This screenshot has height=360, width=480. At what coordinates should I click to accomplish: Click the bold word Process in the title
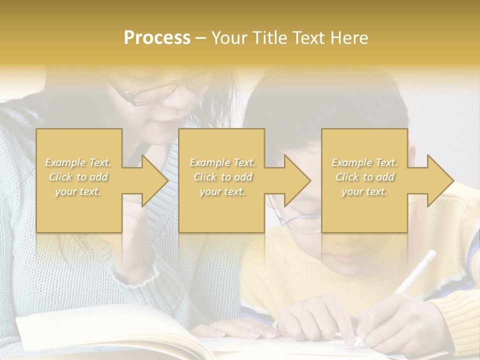pos(157,38)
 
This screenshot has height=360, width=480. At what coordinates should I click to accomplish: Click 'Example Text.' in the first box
pos(78,162)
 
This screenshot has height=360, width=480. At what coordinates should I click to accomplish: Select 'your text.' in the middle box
pos(222,191)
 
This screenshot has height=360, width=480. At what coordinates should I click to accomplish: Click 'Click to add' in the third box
pos(364,177)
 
